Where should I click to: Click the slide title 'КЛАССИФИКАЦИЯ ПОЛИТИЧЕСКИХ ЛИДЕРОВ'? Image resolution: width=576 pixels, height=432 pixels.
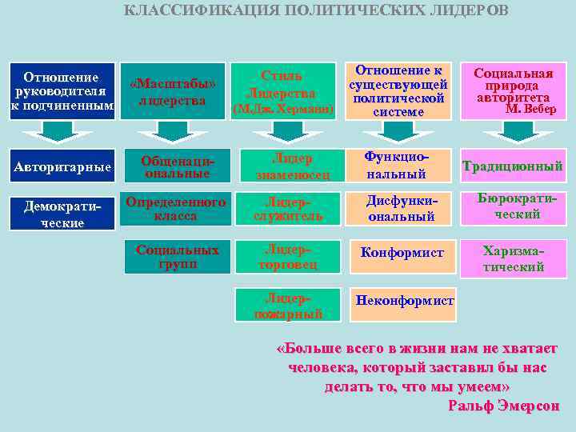click(316, 10)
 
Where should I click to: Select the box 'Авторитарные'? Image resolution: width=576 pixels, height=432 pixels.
click(62, 166)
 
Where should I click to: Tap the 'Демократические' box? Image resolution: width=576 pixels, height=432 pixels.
click(62, 214)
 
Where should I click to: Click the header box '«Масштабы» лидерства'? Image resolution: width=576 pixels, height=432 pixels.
click(172, 91)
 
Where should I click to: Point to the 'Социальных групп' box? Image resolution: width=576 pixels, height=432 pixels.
click(177, 256)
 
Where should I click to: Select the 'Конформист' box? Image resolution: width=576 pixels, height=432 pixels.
click(402, 253)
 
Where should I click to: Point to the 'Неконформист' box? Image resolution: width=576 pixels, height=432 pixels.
click(403, 302)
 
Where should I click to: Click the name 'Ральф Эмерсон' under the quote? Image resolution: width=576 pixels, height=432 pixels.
click(503, 406)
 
